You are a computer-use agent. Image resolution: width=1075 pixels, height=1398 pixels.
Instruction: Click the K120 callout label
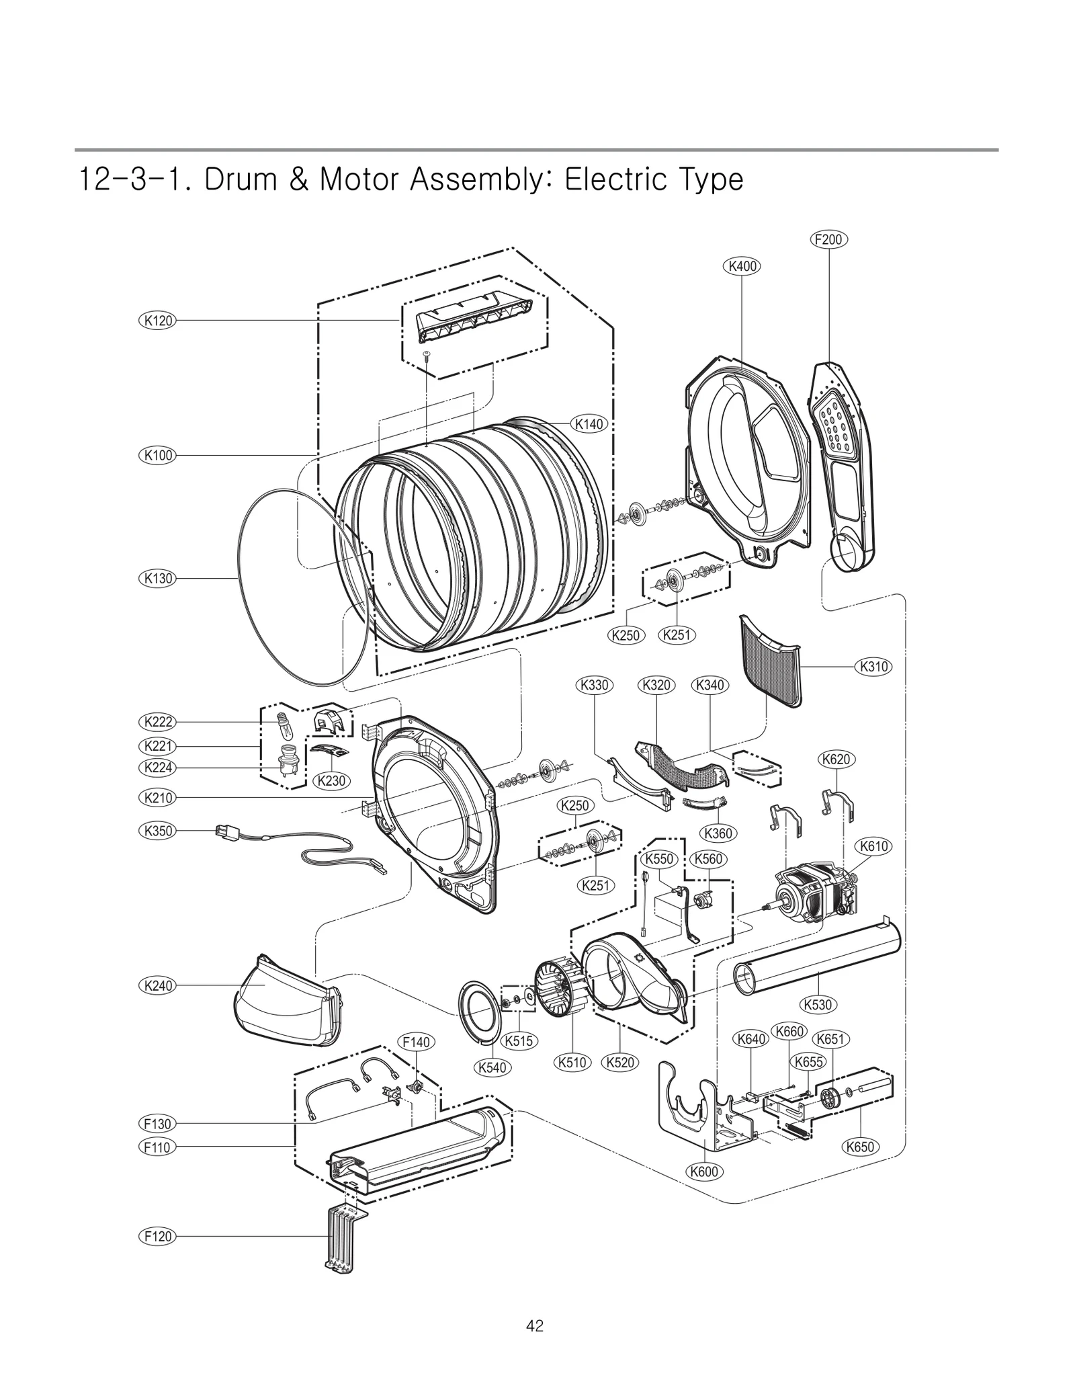(x=159, y=321)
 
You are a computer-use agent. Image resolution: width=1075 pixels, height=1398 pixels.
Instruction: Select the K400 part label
(x=742, y=266)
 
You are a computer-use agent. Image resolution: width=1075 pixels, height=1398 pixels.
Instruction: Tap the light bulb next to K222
(x=283, y=725)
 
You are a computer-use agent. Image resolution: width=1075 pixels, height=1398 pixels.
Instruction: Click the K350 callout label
(x=159, y=831)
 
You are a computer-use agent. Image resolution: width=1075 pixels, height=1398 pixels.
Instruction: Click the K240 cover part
(x=286, y=1005)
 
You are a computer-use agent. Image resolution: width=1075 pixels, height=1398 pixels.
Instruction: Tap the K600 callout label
(x=705, y=1171)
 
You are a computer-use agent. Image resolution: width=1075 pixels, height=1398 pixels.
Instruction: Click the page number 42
(x=535, y=1326)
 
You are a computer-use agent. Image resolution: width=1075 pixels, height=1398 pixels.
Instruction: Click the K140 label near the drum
(x=589, y=424)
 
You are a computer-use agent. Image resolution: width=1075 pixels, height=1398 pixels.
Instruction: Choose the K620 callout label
(x=836, y=759)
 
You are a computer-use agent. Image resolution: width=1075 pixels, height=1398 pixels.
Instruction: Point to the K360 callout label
(x=718, y=833)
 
